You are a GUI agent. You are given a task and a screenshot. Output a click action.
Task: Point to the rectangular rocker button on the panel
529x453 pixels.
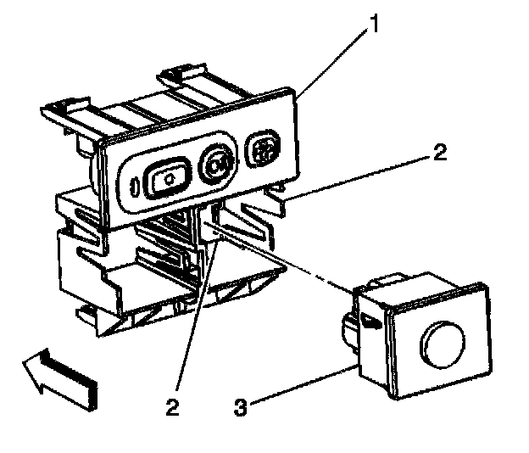167,179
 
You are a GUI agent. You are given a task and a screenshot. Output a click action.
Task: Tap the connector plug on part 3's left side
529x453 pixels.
349,326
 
